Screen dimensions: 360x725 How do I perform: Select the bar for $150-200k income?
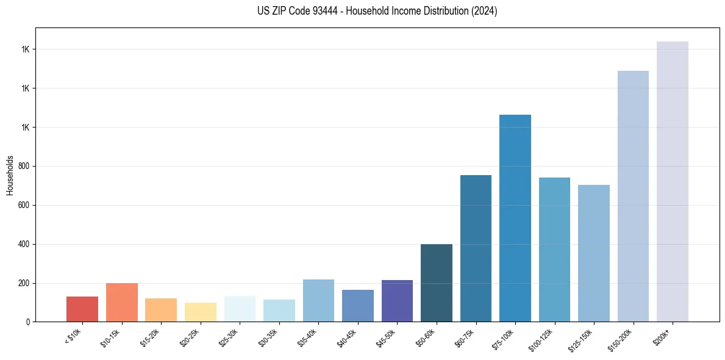[x=633, y=196]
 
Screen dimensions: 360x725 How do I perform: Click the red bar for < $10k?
[x=82, y=309]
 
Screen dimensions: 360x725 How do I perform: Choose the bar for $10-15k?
[x=122, y=302]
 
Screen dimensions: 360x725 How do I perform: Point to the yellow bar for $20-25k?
[x=201, y=312]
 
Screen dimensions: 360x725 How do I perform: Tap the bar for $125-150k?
[x=594, y=253]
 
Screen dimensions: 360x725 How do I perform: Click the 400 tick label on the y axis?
[x=23, y=244]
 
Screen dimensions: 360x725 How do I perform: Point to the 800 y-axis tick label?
[x=23, y=166]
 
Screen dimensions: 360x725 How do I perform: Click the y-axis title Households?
[x=10, y=175]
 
